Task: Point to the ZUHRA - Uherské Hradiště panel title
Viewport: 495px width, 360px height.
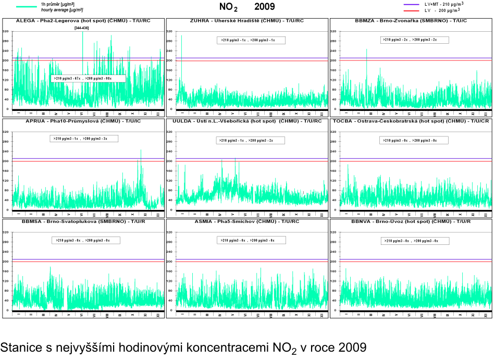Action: click(x=244, y=21)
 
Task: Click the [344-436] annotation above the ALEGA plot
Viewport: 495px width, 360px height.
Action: click(x=81, y=28)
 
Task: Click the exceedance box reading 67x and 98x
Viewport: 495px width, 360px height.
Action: click(x=88, y=78)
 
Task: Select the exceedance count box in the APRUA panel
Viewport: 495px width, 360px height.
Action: click(x=84, y=139)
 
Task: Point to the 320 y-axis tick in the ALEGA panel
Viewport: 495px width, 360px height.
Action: click(x=6, y=32)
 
